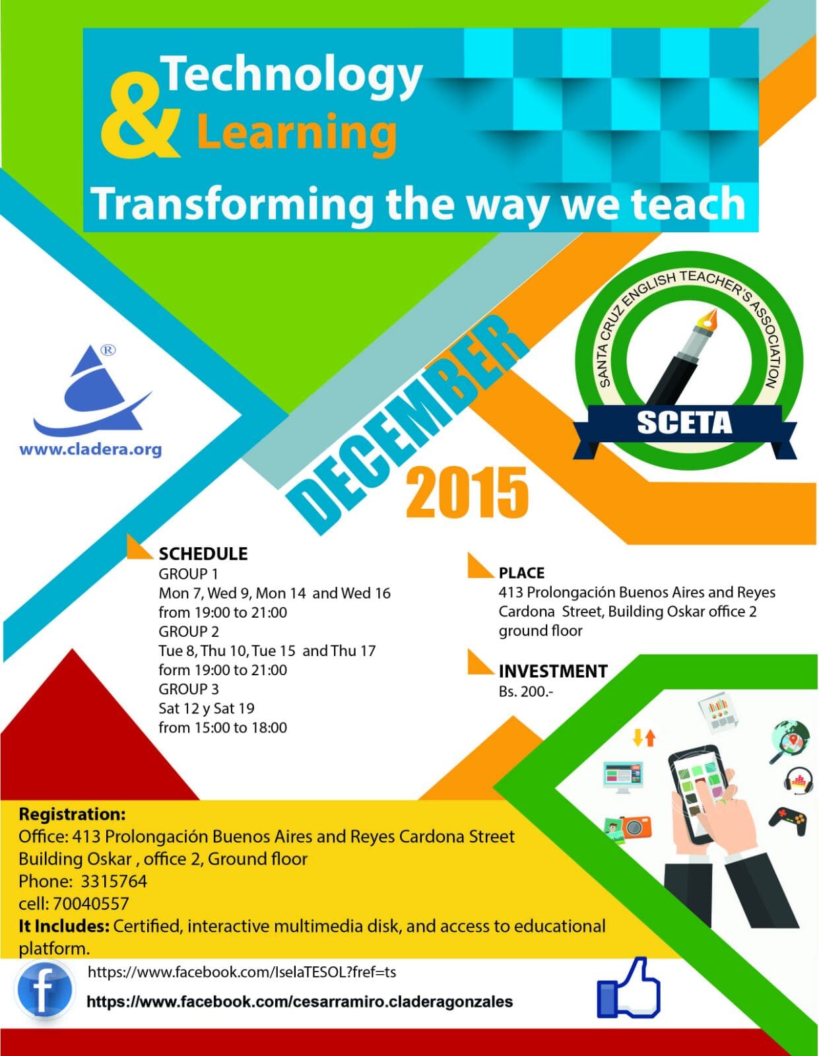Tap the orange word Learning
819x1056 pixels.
point(297,132)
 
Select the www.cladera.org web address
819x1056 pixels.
point(90,449)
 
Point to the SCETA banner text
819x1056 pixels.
point(684,422)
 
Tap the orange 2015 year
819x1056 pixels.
point(467,492)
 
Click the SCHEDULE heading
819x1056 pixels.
point(203,554)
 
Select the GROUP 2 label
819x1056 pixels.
point(189,631)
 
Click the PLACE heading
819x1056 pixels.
point(521,573)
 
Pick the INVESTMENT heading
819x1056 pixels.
point(553,671)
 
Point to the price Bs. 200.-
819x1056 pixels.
point(525,692)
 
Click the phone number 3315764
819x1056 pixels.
point(114,881)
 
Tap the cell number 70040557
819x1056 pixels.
point(91,904)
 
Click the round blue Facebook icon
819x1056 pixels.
point(45,989)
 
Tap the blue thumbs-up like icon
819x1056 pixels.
point(628,987)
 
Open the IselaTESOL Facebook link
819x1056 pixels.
point(242,972)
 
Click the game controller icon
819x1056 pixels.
point(787,821)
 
